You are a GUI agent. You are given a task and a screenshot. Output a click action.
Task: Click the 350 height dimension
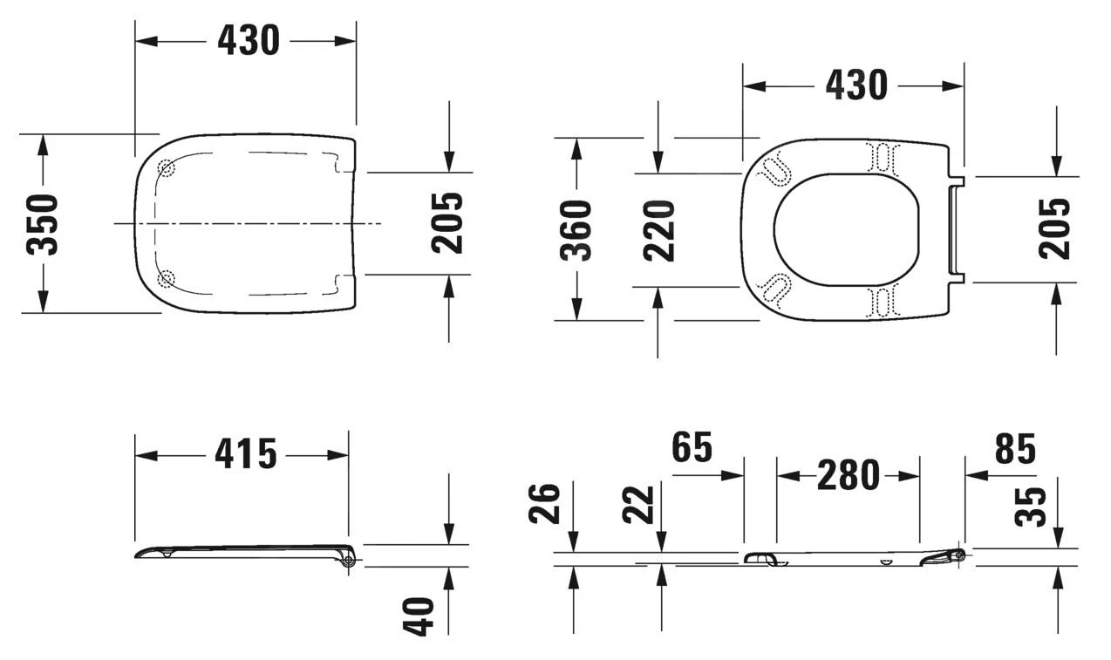pyautogui.click(x=43, y=224)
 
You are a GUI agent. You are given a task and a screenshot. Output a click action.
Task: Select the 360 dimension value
pyautogui.click(x=576, y=229)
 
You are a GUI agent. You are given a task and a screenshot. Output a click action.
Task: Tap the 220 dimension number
pyautogui.click(x=660, y=230)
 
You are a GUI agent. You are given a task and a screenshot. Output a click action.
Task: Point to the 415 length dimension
pyautogui.click(x=247, y=454)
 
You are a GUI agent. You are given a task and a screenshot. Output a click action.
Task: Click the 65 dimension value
pyautogui.click(x=692, y=447)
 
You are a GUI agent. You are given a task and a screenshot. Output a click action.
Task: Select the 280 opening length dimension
pyautogui.click(x=848, y=476)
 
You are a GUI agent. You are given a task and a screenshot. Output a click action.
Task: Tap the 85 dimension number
pyautogui.click(x=1015, y=449)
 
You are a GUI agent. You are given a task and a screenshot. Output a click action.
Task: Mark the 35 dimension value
pyautogui.click(x=1032, y=507)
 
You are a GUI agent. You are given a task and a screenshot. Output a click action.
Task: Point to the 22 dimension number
pyautogui.click(x=639, y=504)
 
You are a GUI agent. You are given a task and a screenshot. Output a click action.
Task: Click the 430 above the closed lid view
pyautogui.click(x=248, y=40)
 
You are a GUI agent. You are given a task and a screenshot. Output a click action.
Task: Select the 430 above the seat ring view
pyautogui.click(x=855, y=85)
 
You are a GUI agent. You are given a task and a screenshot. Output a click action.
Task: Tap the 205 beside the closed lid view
pyautogui.click(x=448, y=222)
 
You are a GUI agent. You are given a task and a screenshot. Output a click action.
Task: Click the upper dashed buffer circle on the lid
pyautogui.click(x=166, y=168)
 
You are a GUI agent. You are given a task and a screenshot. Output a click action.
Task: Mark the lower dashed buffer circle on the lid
pyautogui.click(x=166, y=279)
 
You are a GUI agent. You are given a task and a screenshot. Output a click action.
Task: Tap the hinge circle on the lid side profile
pyautogui.click(x=349, y=561)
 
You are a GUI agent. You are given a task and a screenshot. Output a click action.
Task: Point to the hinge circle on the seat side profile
pyautogui.click(x=958, y=555)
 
